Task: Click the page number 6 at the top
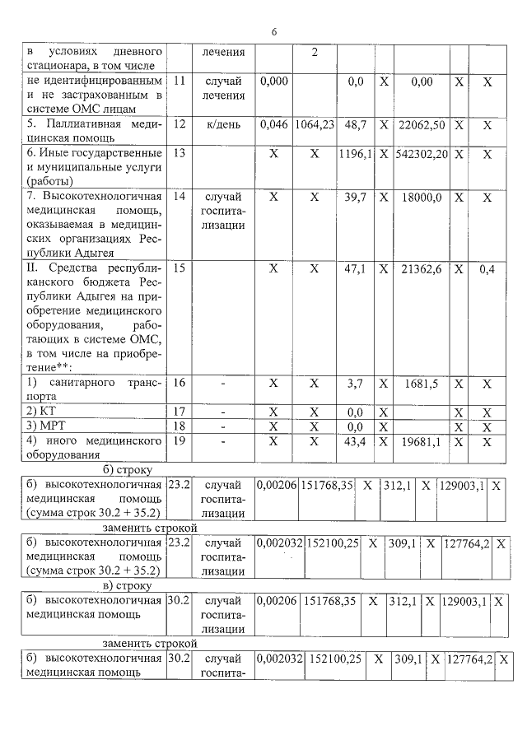point(274,31)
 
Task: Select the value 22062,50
point(421,125)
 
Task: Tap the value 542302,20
point(421,154)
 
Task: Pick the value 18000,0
point(426,198)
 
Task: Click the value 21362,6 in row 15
point(426,269)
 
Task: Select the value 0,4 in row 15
point(488,269)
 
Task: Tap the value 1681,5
point(426,384)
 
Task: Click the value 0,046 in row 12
point(273,125)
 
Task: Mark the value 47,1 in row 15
point(356,269)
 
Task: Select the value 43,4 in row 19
point(357,443)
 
